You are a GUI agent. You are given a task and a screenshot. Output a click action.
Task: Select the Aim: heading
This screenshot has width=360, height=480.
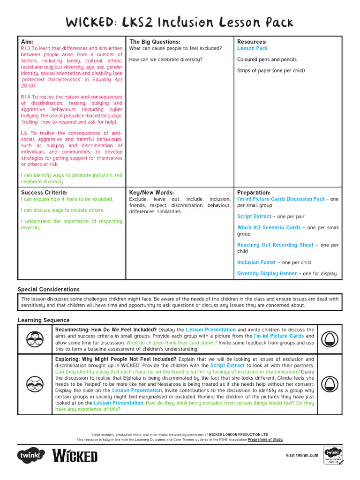27,42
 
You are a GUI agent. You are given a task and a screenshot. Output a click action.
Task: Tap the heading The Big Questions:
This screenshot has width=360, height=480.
155,42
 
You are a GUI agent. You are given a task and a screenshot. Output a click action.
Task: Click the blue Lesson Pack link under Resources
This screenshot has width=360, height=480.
252,48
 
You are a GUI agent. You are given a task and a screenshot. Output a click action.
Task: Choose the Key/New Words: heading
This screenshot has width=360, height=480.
151,193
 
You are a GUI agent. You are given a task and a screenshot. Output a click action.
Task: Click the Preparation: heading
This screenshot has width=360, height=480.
254,193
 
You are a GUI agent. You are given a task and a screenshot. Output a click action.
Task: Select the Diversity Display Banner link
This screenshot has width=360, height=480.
267,274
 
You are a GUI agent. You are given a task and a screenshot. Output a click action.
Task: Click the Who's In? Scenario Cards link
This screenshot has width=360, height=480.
269,228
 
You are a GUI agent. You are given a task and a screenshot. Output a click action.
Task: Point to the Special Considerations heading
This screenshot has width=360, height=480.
49,289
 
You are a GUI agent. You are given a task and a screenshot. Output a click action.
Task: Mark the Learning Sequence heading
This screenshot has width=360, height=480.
44,320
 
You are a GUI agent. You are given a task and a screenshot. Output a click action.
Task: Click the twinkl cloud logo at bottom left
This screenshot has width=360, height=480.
31,455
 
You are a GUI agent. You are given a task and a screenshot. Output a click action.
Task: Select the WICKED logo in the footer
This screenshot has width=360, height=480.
75,455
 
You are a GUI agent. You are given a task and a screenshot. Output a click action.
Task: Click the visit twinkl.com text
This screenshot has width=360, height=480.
302,455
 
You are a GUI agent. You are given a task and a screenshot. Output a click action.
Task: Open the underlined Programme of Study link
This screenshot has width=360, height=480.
265,440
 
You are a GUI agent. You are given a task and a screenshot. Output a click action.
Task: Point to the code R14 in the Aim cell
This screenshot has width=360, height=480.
26,97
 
